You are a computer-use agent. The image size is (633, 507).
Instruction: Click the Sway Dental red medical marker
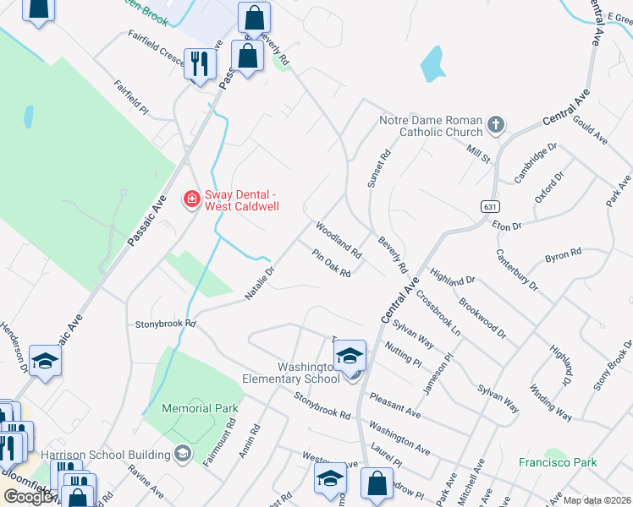pyautogui.click(x=192, y=199)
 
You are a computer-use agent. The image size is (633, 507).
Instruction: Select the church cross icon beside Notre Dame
pyautogui.click(x=496, y=126)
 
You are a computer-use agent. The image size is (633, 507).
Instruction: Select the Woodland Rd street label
pyautogui.click(x=339, y=240)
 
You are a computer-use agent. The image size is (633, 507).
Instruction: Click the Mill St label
pyautogui.click(x=478, y=153)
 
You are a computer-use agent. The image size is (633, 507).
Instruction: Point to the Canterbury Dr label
pyautogui.click(x=516, y=270)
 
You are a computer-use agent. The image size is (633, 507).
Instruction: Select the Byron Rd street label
pyautogui.click(x=563, y=255)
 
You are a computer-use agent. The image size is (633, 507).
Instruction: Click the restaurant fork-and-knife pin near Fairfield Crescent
pyautogui.click(x=201, y=64)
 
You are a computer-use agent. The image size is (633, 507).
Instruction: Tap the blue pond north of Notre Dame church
pyautogui.click(x=432, y=63)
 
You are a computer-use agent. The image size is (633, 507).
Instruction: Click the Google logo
pyautogui.click(x=27, y=497)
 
